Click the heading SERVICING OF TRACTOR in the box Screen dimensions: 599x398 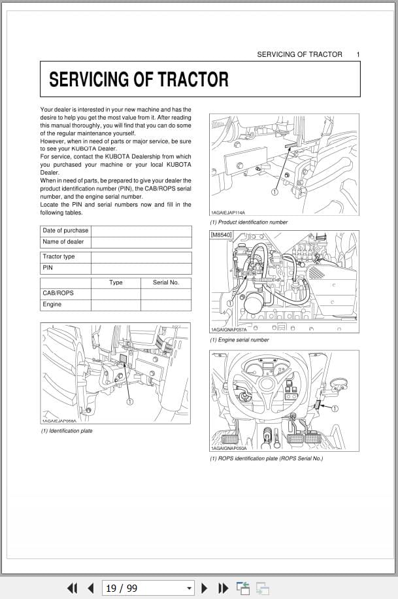[x=139, y=80]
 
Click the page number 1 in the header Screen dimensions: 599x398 [x=357, y=54]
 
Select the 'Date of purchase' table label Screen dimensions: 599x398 [x=65, y=230]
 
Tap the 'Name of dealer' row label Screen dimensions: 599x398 [x=63, y=242]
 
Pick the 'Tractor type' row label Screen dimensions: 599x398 [x=59, y=256]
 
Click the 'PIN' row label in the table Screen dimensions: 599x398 [x=48, y=267]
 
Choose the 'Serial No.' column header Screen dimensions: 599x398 [x=165, y=282]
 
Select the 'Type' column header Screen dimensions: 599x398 [x=116, y=282]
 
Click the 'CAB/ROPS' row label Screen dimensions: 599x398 [x=58, y=293]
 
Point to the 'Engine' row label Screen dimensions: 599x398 [x=52, y=304]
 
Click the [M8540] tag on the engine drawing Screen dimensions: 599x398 [x=221, y=235]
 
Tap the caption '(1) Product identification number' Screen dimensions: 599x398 [x=248, y=222]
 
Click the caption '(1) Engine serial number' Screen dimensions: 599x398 [x=239, y=340]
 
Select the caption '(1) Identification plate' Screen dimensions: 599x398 [x=67, y=431]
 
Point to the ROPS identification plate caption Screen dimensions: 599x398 [x=266, y=458]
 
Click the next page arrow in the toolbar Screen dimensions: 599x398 [x=205, y=588]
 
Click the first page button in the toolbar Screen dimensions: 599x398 [x=73, y=588]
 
